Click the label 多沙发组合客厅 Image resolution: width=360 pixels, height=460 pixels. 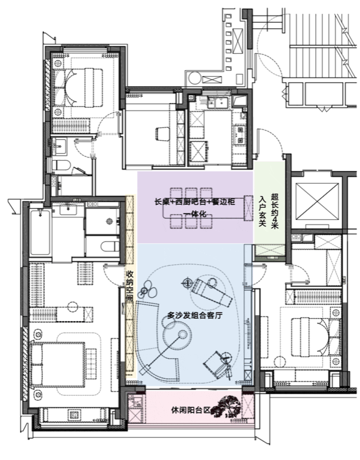pyautogui.click(x=195, y=316)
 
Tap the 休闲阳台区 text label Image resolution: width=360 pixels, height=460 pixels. pyautogui.click(x=191, y=410)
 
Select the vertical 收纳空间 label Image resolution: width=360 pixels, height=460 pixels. pyautogui.click(x=129, y=286)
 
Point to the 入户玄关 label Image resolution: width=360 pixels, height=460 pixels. pyautogui.click(x=262, y=211)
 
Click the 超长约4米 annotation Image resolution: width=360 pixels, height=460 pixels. pyautogui.click(x=274, y=211)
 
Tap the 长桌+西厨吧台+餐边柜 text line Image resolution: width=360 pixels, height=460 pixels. pyautogui.click(x=195, y=202)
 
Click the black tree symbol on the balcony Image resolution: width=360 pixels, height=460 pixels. pyautogui.click(x=228, y=406)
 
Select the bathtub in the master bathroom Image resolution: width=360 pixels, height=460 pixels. pyautogui.click(x=40, y=232)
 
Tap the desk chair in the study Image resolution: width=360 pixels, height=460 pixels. pyautogui.click(x=162, y=134)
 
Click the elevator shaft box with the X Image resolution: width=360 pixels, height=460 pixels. pyautogui.click(x=317, y=201)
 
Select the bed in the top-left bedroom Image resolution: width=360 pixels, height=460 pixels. pyautogui.click(x=78, y=87)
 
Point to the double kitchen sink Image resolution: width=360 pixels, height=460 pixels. pyautogui.click(x=216, y=103)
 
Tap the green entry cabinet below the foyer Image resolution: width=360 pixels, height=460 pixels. pyautogui.click(x=270, y=253)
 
